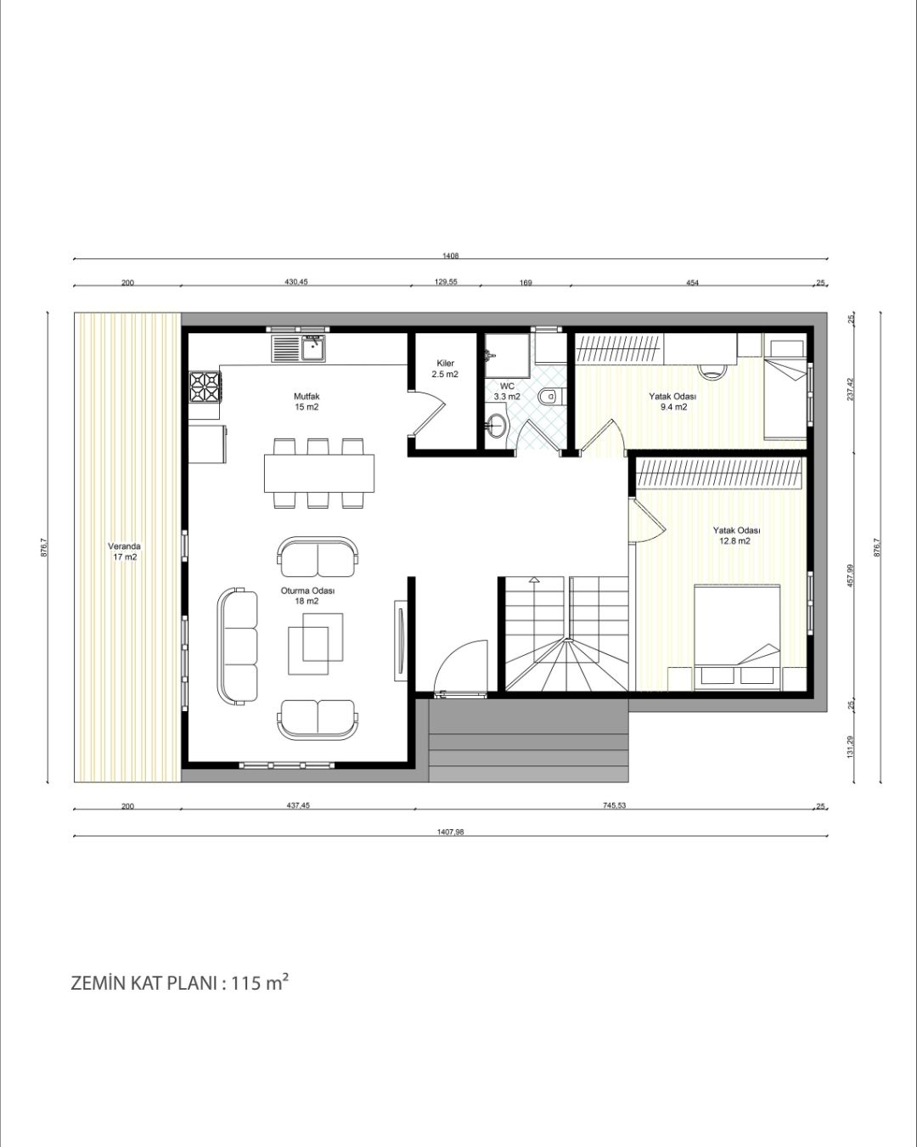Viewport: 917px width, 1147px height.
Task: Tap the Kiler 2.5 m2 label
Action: tap(444, 368)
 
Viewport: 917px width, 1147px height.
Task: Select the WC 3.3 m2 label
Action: tap(507, 391)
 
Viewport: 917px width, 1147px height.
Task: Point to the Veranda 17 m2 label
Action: tap(124, 551)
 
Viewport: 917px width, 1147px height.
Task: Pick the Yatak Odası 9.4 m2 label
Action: tap(672, 401)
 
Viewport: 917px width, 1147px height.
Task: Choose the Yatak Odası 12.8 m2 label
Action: tap(736, 535)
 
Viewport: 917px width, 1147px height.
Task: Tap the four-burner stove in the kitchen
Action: tap(204, 386)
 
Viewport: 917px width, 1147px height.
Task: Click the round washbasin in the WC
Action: tap(497, 426)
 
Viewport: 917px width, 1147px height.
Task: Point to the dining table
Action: tap(319, 472)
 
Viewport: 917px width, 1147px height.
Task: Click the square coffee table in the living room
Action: tap(316, 643)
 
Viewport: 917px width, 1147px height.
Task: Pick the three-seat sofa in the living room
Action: tap(237, 646)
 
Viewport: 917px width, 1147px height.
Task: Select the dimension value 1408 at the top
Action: tap(450, 255)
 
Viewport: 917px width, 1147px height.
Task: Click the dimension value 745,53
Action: tap(615, 805)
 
